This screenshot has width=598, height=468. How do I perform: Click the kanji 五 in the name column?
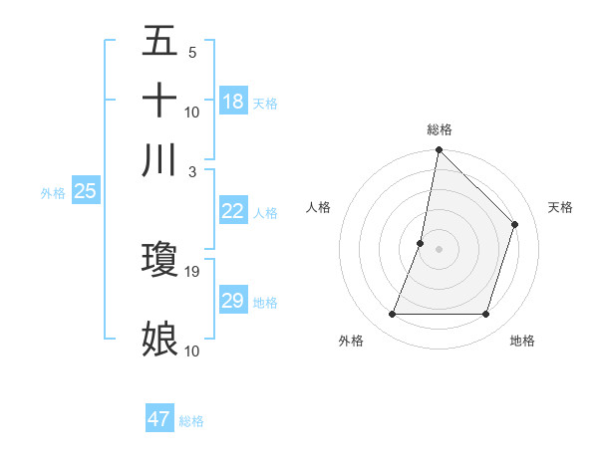[159, 41]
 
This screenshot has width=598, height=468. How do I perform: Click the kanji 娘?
[159, 339]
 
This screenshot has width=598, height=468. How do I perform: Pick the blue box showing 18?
[233, 102]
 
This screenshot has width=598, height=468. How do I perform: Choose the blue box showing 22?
[233, 211]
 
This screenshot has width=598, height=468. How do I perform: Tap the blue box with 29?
[233, 301]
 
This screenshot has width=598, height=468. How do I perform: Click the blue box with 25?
[85, 192]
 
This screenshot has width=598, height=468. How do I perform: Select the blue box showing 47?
[159, 419]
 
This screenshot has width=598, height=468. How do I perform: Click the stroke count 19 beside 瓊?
[192, 271]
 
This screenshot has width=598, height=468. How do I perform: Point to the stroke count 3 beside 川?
[192, 171]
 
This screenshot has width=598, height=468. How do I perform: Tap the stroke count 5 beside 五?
[192, 52]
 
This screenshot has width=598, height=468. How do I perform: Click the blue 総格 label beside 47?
[191, 421]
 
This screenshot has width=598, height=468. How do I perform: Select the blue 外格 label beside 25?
[53, 193]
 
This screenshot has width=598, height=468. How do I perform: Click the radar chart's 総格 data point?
[439, 150]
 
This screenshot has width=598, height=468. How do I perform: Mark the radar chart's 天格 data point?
[515, 224]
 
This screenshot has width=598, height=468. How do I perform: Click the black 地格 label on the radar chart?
[522, 341]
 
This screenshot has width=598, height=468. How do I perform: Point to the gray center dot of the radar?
[439, 249]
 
